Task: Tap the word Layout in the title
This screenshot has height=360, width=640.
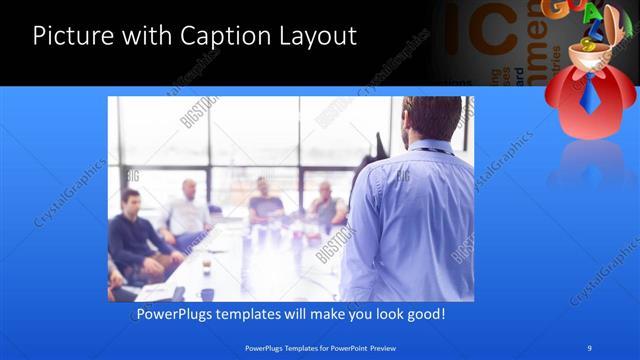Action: pyautogui.click(x=317, y=38)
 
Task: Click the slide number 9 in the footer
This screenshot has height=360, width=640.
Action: pyautogui.click(x=590, y=348)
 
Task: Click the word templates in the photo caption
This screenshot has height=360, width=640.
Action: pyautogui.click(x=257, y=314)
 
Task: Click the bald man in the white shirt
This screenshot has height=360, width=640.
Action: pyautogui.click(x=188, y=212)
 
